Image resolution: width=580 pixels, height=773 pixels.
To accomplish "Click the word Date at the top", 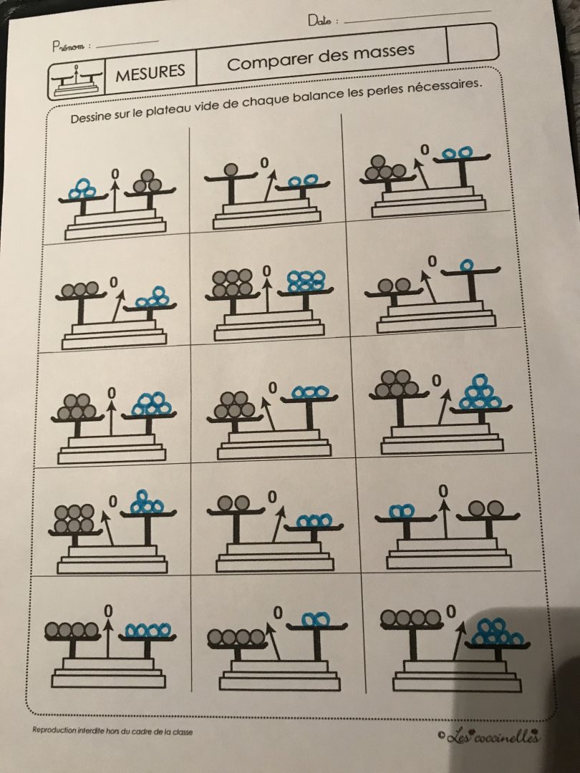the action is (320, 20).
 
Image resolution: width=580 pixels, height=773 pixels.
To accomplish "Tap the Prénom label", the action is (68, 47).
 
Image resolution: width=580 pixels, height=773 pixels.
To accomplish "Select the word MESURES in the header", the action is (150, 73).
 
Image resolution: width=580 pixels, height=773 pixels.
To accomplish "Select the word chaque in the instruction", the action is (266, 99).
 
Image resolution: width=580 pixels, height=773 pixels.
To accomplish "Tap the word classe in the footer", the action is (182, 731).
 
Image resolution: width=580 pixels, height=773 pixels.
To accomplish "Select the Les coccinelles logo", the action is (488, 737).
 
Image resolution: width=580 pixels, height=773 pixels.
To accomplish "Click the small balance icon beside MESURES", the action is (77, 79).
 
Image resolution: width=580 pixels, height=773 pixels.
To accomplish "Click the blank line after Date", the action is (417, 16).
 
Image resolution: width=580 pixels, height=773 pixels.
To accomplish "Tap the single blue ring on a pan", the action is (467, 266).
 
